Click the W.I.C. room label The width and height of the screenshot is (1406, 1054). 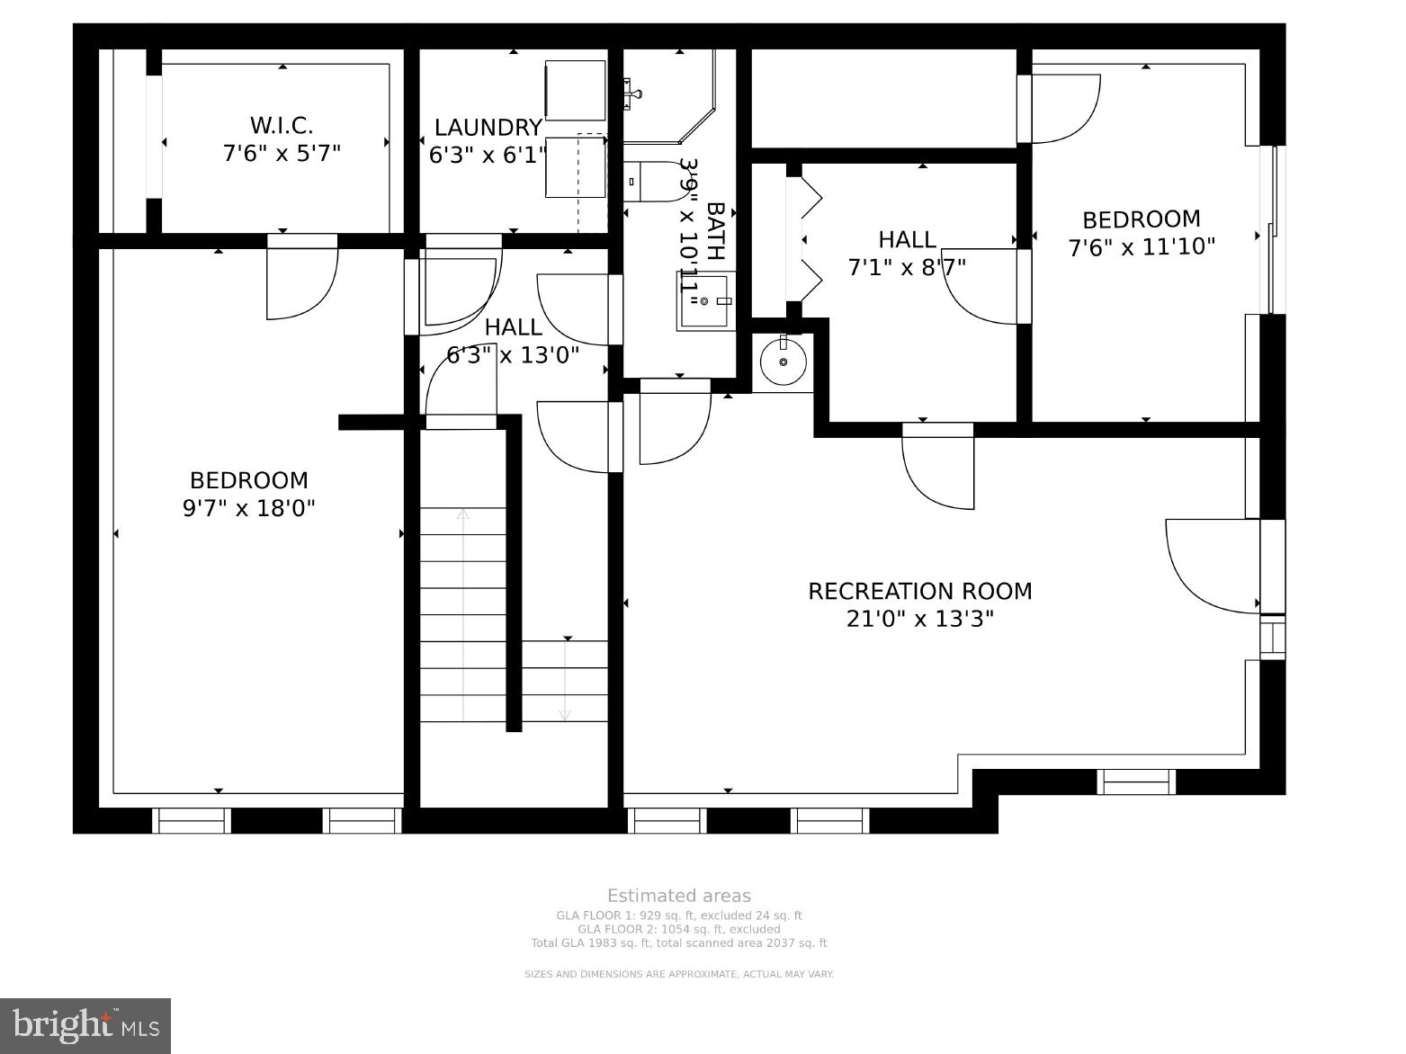pos(282,126)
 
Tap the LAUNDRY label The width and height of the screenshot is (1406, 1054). pos(488,128)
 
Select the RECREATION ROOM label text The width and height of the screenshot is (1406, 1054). pos(920,591)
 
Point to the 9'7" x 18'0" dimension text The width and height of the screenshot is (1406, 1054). pos(248,508)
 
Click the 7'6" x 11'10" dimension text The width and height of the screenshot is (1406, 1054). pos(1142,246)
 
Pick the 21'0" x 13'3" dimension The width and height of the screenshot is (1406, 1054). pos(920,620)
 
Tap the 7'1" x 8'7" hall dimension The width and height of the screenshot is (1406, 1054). pos(907,267)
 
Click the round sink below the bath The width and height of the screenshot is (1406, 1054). pos(783,362)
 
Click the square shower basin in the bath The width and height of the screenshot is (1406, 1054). pos(705,301)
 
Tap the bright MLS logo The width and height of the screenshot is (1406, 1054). pos(85,1026)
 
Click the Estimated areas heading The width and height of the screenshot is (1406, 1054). pos(679,896)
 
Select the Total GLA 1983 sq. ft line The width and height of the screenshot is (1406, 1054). pos(679,943)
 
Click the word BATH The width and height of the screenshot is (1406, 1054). pos(715,231)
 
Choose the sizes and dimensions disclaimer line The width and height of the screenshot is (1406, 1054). pos(679,975)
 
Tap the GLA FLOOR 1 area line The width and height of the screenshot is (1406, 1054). pos(679,916)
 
